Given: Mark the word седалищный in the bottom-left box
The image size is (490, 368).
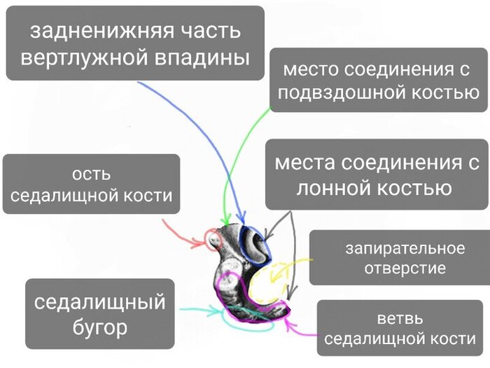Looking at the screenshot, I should (x=100, y=302).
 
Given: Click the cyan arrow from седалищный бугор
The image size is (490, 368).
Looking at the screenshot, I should (x=192, y=309).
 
